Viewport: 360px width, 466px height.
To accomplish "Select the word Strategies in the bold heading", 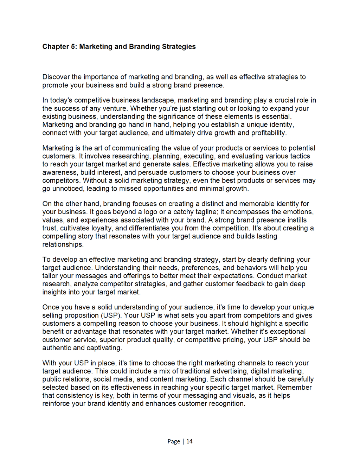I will [179, 47].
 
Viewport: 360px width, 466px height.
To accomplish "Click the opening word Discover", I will [56, 77].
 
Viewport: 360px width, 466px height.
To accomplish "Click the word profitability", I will [269, 133].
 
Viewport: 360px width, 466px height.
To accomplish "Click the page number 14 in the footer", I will [189, 442].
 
